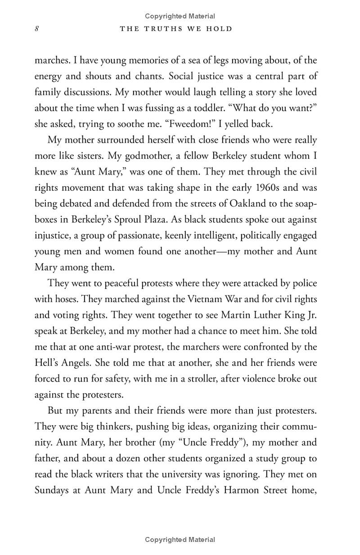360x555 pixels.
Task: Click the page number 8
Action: pyautogui.click(x=37, y=29)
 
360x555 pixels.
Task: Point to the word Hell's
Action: pyautogui.click(x=49, y=363)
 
